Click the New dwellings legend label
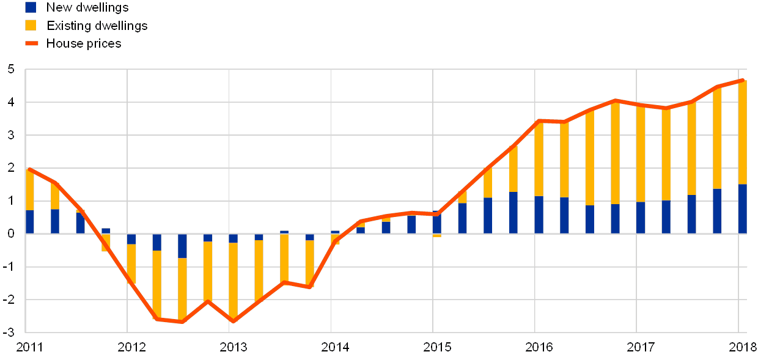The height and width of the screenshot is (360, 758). (87, 7)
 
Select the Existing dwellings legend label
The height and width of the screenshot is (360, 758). (97, 26)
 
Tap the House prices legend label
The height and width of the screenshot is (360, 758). (84, 43)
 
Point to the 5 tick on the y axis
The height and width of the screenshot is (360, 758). (10, 70)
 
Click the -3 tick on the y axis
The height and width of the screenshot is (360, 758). (9, 332)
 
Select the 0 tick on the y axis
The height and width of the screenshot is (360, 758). (10, 233)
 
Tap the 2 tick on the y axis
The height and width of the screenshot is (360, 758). (10, 168)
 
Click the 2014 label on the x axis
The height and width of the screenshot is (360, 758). (331, 347)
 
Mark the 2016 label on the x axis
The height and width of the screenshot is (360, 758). (535, 347)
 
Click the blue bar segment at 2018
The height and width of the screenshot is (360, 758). (742, 208)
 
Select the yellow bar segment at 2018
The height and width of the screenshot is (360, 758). (742, 132)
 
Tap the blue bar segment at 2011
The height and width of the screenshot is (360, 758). (29, 221)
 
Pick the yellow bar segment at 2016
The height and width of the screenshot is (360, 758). (539, 159)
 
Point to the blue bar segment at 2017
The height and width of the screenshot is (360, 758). (641, 218)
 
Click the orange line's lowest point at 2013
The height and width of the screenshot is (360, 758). (233, 321)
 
